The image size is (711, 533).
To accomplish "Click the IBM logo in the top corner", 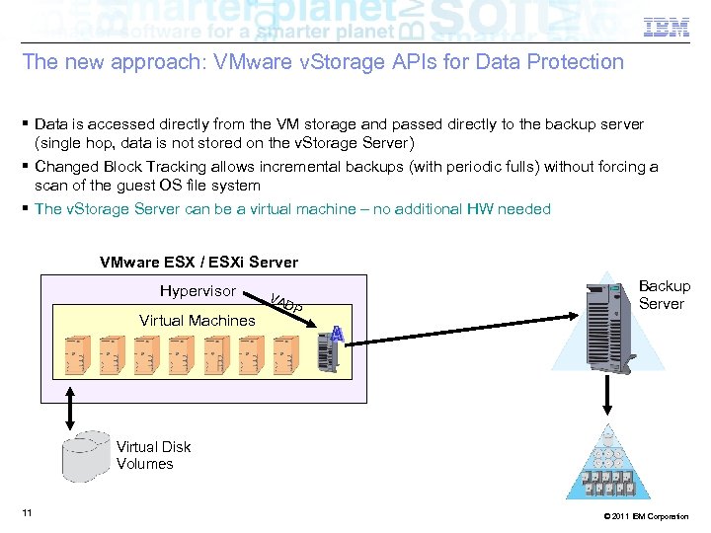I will pyautogui.click(x=667, y=29).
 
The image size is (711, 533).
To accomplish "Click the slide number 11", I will pyautogui.click(x=27, y=512).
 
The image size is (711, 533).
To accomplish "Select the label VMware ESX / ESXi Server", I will pyautogui.click(x=198, y=263).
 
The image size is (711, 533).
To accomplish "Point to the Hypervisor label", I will pyautogui.click(x=197, y=291).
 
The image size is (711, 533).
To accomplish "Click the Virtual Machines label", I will pyautogui.click(x=197, y=320).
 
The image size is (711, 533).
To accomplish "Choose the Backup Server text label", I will pyautogui.click(x=664, y=295).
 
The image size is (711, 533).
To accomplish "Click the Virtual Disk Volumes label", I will pyautogui.click(x=153, y=455).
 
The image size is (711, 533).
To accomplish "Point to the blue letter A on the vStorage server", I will pyautogui.click(x=337, y=335).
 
